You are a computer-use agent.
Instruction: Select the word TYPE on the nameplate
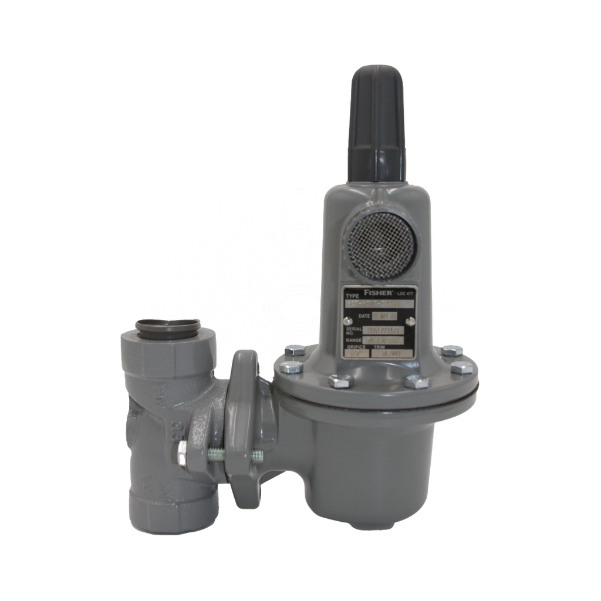click(352, 296)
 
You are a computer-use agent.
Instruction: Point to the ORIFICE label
click(356, 347)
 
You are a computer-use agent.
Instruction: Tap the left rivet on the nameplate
click(347, 320)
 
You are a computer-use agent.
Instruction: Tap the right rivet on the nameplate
click(411, 320)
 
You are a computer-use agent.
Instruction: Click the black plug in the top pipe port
click(168, 327)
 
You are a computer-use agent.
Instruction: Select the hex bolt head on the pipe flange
click(183, 454)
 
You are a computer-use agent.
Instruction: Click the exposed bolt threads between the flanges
click(216, 454)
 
